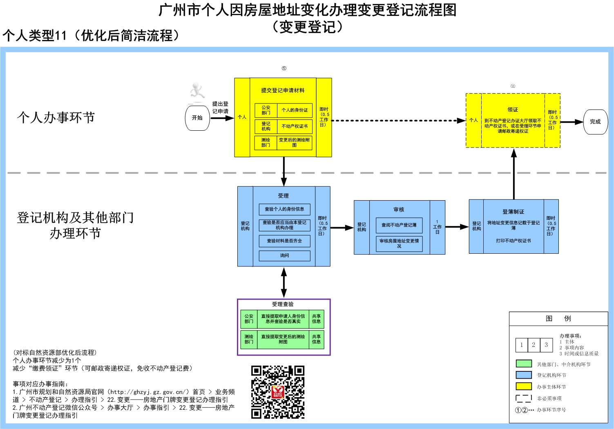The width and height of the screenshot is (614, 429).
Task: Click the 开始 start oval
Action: pyautogui.click(x=197, y=118)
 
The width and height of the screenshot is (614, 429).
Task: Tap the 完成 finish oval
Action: pyautogui.click(x=595, y=122)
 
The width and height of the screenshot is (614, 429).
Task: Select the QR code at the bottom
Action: pyautogui.click(x=278, y=392)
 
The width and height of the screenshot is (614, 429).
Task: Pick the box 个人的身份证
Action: pyautogui.click(x=295, y=110)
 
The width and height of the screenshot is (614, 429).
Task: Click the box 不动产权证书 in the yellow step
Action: pyautogui.click(x=295, y=126)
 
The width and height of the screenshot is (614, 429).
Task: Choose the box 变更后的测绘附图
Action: pyautogui.click(x=294, y=142)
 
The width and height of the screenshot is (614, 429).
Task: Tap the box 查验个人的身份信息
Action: pyautogui.click(x=284, y=209)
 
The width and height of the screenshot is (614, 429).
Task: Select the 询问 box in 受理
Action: pyautogui.click(x=284, y=256)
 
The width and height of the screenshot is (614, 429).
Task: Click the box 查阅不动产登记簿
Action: pyautogui.click(x=399, y=225)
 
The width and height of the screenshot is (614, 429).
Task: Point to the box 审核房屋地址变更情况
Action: pyautogui.click(x=399, y=244)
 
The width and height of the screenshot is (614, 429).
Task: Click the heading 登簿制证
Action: pyautogui.click(x=514, y=212)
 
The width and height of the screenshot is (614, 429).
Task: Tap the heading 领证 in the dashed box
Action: pyautogui.click(x=513, y=109)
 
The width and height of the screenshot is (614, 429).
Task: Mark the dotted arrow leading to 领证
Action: pyautogui.click(x=398, y=121)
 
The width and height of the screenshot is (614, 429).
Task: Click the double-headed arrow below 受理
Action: pyautogui.click(x=284, y=282)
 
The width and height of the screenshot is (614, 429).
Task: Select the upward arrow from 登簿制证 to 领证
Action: pyautogui.click(x=514, y=174)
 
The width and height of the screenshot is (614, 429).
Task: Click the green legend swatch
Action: pyautogui.click(x=524, y=364)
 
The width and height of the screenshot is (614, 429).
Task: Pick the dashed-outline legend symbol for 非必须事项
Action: pyautogui.click(x=524, y=398)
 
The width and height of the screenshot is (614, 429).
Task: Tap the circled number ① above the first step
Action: pyautogui.click(x=284, y=68)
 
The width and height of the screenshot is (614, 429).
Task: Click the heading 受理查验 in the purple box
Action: pyautogui.click(x=283, y=304)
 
